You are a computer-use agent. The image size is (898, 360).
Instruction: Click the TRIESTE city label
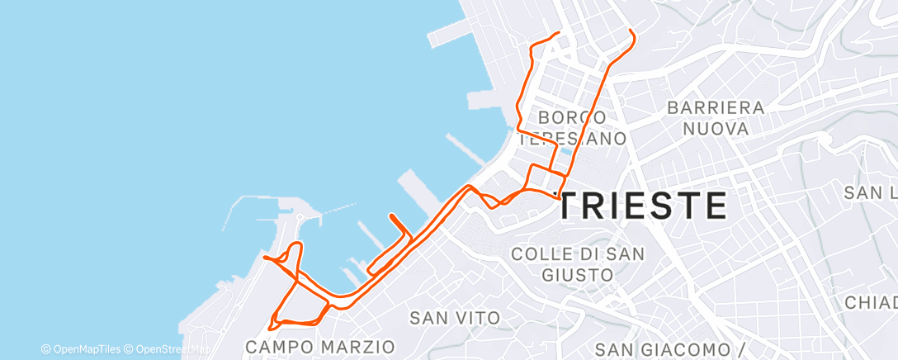click(642, 205)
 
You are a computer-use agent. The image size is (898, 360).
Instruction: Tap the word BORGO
click(573, 118)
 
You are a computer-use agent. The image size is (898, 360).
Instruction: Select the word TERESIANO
click(573, 139)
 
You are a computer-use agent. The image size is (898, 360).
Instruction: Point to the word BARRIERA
click(716, 107)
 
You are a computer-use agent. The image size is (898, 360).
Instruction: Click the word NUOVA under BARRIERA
click(716, 129)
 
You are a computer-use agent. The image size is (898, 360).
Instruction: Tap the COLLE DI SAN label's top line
click(578, 253)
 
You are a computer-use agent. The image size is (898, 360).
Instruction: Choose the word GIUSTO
click(578, 274)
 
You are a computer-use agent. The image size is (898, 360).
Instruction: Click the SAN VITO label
click(455, 317)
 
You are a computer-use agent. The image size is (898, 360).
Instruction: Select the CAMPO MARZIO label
click(321, 344)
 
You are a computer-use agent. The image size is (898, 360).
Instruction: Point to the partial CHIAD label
click(870, 303)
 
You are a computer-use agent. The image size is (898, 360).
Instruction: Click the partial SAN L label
click(870, 193)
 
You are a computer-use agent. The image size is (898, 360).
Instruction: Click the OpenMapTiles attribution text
click(81, 349)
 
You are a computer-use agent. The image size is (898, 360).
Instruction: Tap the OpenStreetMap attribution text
click(164, 349)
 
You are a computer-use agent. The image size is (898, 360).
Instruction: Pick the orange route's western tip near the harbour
click(264, 258)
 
